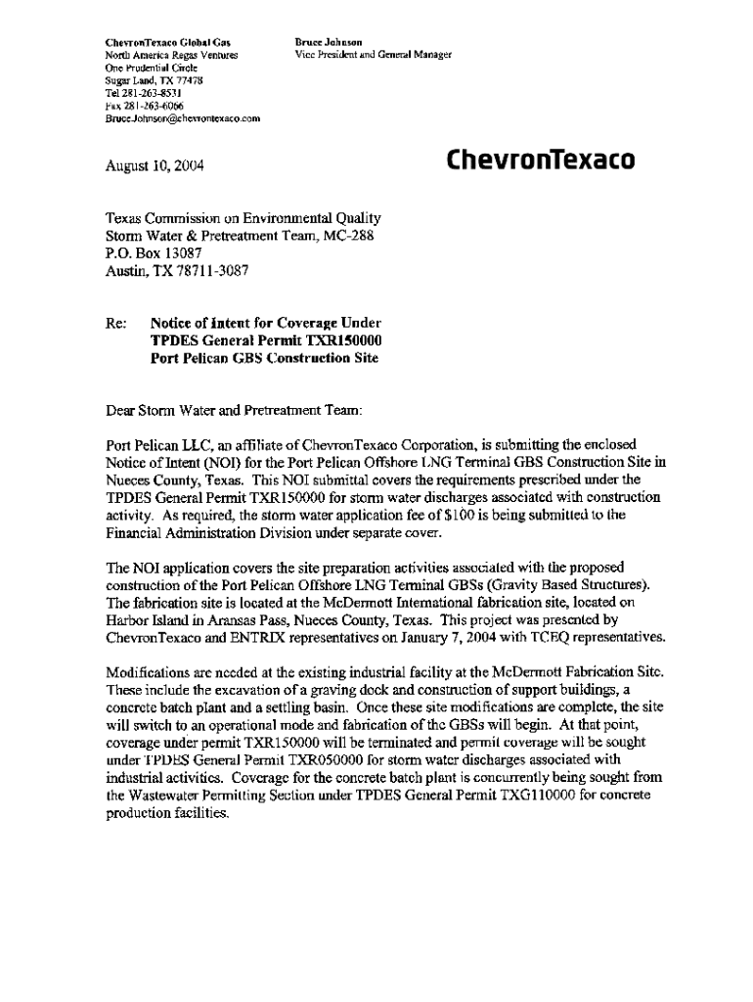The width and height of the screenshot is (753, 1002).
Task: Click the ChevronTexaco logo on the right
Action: pos(540,159)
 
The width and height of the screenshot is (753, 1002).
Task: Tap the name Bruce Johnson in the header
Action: pos(329,43)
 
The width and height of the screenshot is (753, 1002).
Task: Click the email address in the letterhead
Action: pos(182,118)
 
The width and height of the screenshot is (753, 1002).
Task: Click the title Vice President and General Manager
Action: pos(371,55)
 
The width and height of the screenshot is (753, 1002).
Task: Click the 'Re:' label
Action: pos(115,323)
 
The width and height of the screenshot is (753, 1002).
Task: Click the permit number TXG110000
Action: pos(520,796)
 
